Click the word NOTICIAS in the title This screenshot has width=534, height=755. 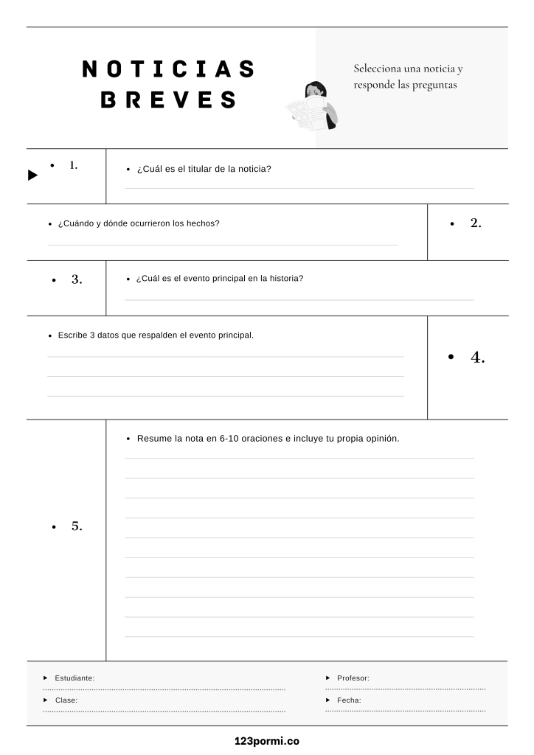pos(168,69)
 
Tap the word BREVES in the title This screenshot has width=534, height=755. pos(168,100)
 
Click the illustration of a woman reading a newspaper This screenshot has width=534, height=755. pos(313,106)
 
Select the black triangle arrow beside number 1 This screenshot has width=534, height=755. pos(32,175)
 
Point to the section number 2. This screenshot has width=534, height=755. pos(476,223)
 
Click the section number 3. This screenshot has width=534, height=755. pos(77,279)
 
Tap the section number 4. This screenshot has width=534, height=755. pos(477,358)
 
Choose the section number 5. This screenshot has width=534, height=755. pos(77,526)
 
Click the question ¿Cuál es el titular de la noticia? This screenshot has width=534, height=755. pos(204,169)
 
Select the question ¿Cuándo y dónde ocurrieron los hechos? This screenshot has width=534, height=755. pos(139,223)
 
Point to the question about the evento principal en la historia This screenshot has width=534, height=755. pos(220,279)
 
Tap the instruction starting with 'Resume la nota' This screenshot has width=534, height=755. pos(268,438)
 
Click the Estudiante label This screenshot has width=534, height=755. pos(74,678)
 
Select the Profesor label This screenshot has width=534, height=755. pos(353,678)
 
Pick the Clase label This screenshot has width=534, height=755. pos(66,700)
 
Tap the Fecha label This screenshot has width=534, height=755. pos(349,700)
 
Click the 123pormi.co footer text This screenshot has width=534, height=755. pos(267,741)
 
